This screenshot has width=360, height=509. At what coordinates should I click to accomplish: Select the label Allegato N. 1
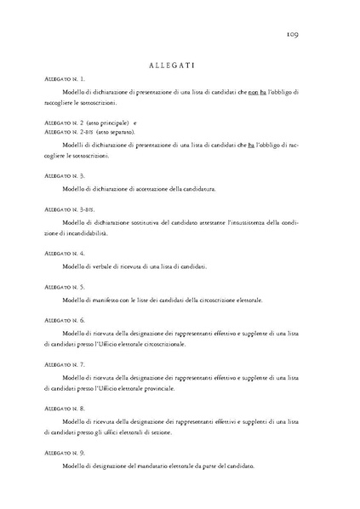[x=63, y=78]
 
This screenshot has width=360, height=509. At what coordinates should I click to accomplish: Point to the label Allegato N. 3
[x=63, y=175]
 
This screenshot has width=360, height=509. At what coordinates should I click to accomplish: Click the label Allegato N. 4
[x=63, y=254]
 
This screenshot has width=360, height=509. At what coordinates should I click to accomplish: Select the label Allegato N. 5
[x=63, y=287]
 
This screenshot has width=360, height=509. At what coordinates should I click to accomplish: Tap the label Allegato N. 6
[x=63, y=320]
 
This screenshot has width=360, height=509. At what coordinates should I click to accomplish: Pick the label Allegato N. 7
[x=63, y=364]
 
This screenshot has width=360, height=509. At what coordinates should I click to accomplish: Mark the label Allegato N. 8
[x=63, y=409]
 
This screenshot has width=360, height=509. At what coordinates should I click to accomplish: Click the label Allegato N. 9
[x=63, y=453]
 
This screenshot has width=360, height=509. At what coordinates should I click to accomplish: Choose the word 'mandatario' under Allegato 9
[x=144, y=466]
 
